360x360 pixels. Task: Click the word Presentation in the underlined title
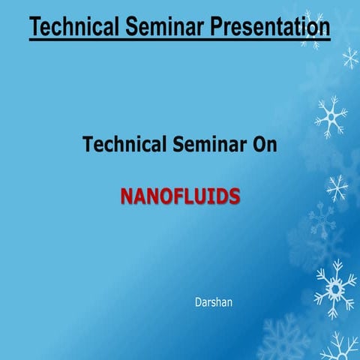click(266, 27)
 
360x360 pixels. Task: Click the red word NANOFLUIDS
click(180, 196)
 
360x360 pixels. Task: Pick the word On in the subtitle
click(264, 145)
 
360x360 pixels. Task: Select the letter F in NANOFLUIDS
click(175, 196)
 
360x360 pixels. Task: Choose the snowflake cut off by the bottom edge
click(339, 349)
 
